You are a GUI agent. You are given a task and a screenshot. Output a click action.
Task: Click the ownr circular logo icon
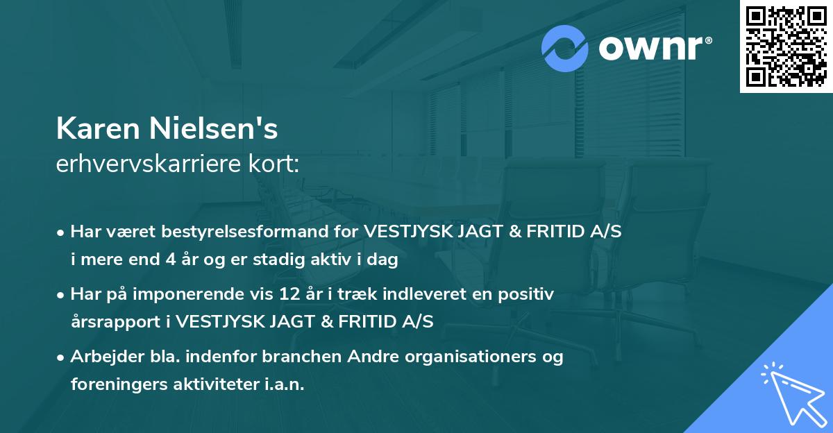[565, 48]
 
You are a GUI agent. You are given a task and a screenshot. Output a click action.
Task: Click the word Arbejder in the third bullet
[108, 357]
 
